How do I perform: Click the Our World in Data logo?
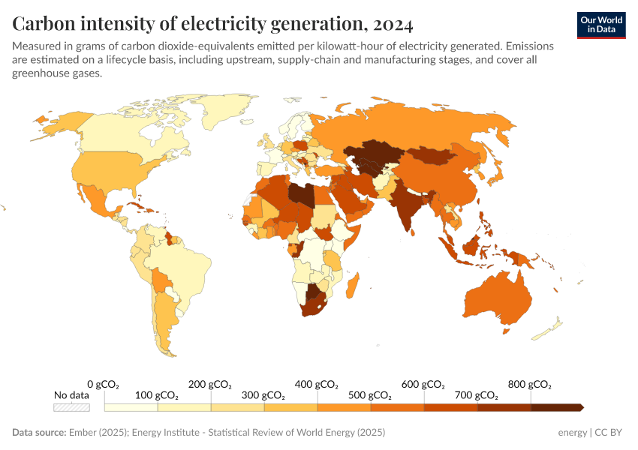point(601,25)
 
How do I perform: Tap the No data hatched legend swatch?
point(71,407)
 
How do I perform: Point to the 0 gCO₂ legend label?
point(104,385)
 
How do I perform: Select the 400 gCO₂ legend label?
point(317,385)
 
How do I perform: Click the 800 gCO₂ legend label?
point(530,385)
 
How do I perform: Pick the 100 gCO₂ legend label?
point(157,395)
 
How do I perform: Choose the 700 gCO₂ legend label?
point(477,395)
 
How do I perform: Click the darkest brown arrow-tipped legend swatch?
point(557,407)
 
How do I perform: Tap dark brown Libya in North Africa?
point(302,193)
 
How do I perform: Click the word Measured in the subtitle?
point(38,46)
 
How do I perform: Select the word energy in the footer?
point(573,433)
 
